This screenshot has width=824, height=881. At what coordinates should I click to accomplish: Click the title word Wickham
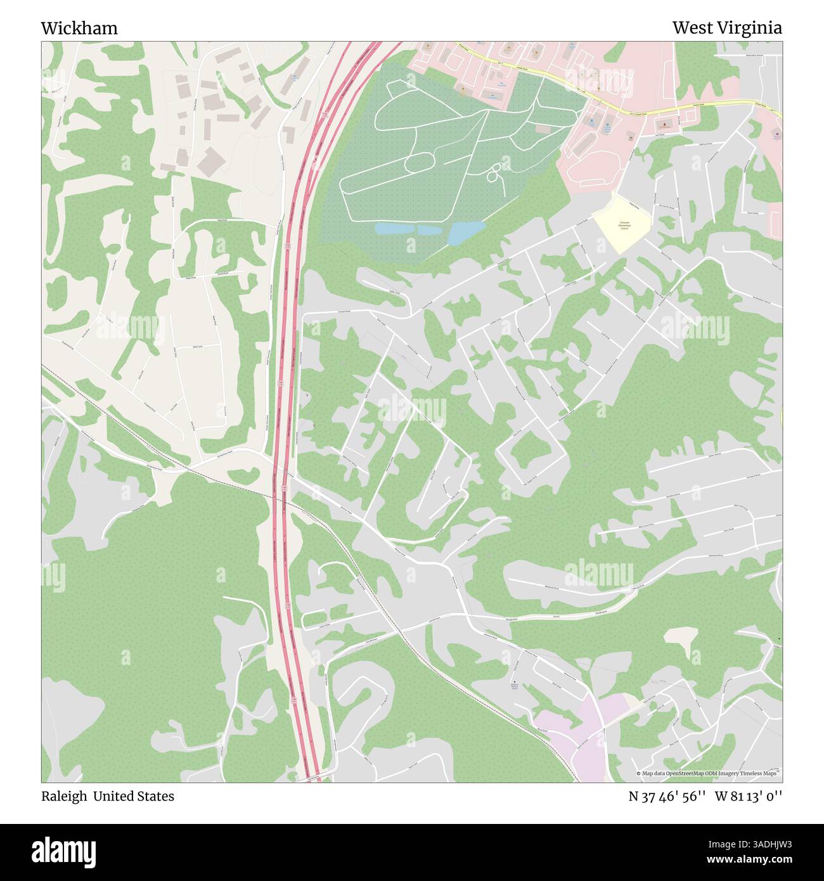click(x=79, y=28)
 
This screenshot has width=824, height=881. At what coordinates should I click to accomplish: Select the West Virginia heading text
click(x=726, y=28)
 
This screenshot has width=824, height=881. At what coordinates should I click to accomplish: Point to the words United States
click(x=134, y=796)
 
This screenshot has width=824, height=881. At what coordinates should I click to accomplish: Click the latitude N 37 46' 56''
click(x=667, y=796)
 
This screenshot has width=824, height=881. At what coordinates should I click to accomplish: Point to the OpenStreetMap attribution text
click(x=709, y=773)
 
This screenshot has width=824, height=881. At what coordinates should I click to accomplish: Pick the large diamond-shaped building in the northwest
click(x=210, y=163)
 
